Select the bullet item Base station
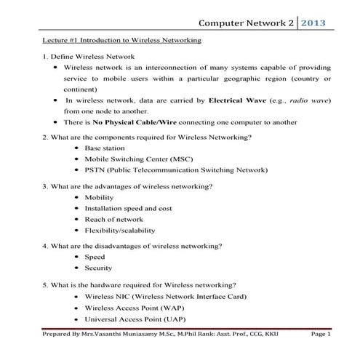pos(105,148)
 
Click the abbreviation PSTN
pos(95,169)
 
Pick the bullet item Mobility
pos(99,197)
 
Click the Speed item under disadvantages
pos(95,257)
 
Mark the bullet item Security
pos(98,268)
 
